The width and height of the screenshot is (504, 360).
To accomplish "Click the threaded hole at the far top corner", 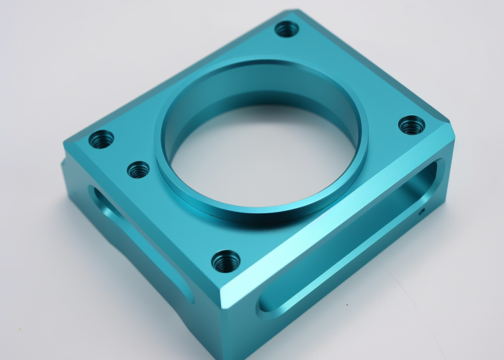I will [287, 30].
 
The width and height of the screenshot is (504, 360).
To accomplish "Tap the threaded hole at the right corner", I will [411, 125].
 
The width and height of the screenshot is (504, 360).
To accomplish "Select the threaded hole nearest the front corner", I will [225, 261].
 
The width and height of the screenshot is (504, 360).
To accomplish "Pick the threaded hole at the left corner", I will [101, 138].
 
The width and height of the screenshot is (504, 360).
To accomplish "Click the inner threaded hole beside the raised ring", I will [138, 170].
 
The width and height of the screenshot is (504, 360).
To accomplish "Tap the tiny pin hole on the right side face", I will [423, 212].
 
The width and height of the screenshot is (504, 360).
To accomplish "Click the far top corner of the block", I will [295, 12].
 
